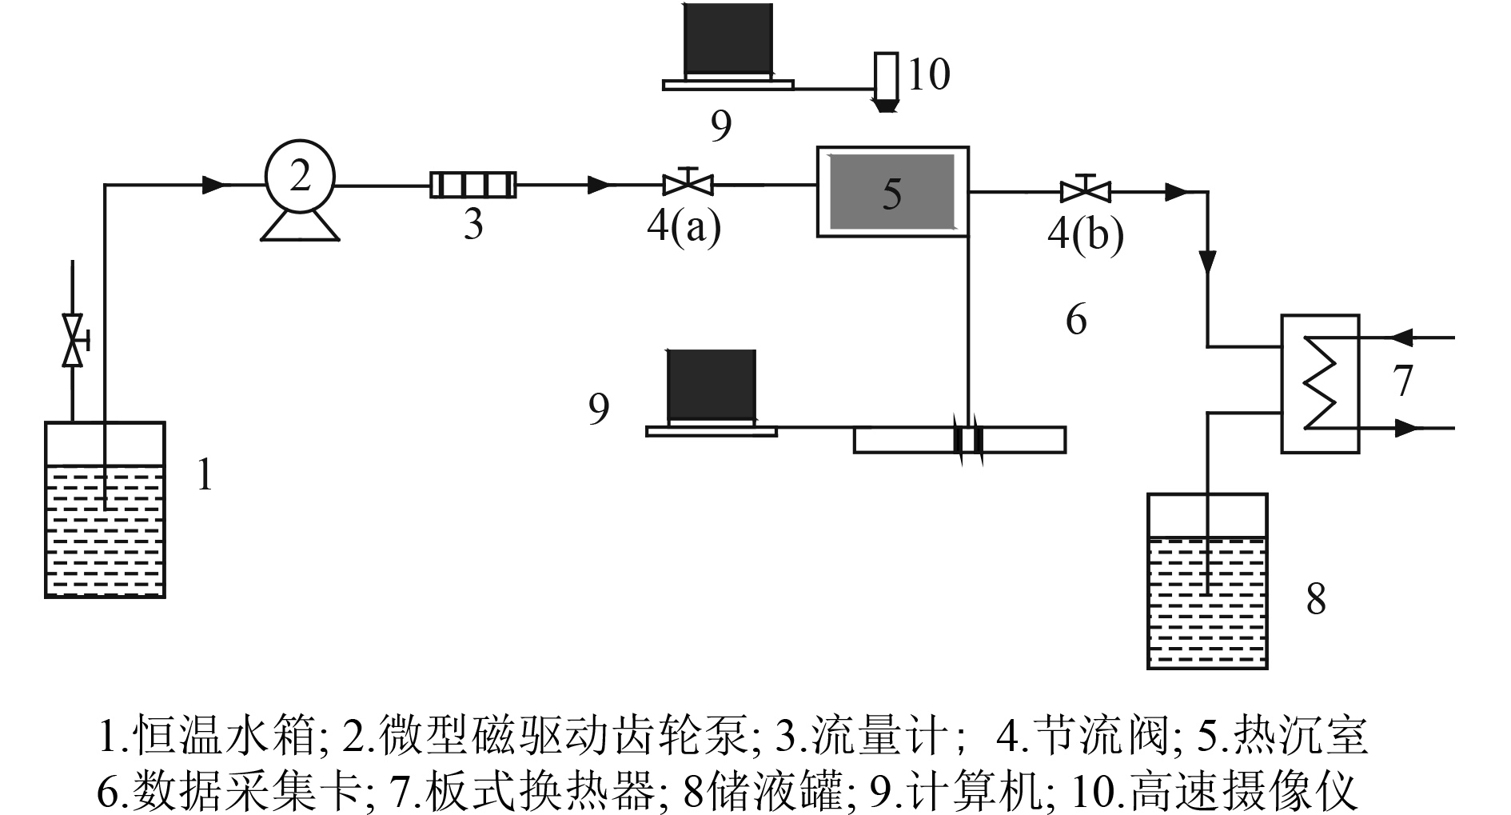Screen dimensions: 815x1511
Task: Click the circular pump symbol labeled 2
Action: point(300,178)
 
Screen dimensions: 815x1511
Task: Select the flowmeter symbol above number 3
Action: point(473,185)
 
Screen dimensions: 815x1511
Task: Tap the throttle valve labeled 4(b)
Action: point(1085,192)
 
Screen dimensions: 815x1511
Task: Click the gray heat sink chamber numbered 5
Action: point(892,192)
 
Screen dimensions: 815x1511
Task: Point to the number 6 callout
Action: point(1076,320)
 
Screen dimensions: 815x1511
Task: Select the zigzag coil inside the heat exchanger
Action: point(1320,383)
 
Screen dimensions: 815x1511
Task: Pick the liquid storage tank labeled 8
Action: point(1207,581)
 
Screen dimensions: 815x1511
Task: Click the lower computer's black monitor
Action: point(711,385)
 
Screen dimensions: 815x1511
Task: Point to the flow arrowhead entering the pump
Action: point(213,186)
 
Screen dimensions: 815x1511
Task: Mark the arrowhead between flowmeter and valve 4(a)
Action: point(599,186)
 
